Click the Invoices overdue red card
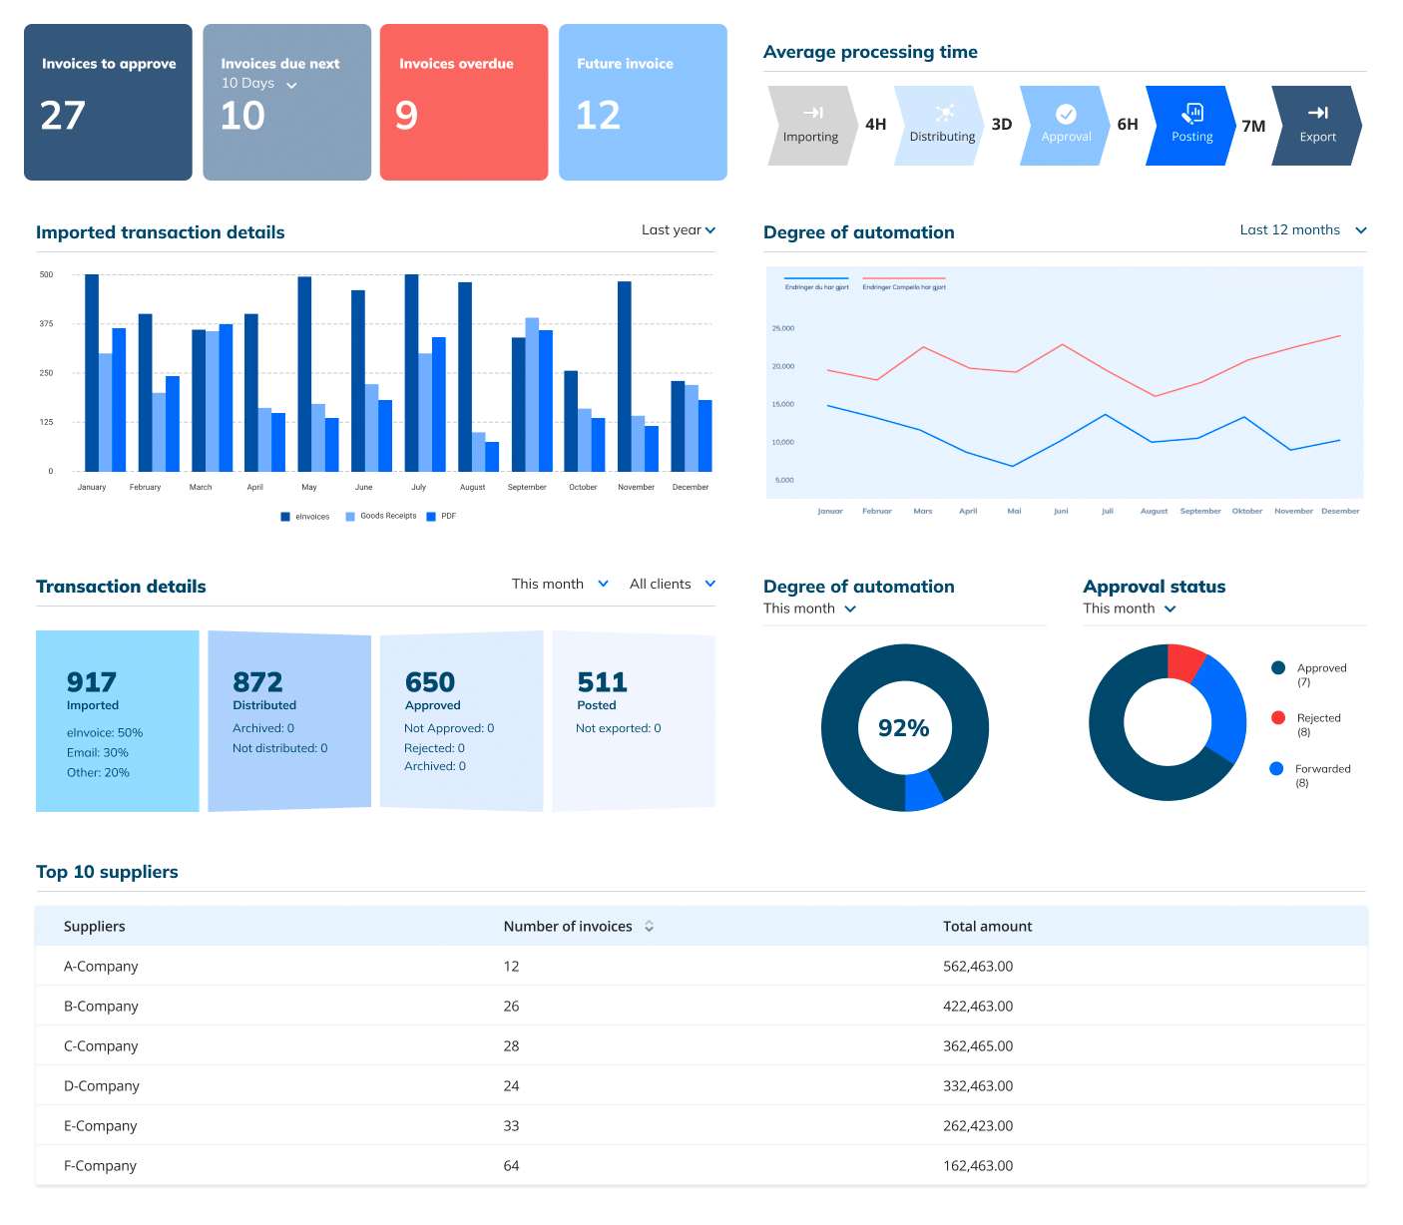(x=464, y=102)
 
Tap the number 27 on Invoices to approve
(x=63, y=116)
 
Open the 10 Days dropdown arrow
(x=291, y=86)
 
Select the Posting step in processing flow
(x=1191, y=125)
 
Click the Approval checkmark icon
(x=1066, y=114)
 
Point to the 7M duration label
(x=1253, y=126)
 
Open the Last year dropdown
(x=679, y=229)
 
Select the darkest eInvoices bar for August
(x=465, y=376)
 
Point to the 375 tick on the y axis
(x=46, y=324)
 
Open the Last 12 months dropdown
(x=1302, y=229)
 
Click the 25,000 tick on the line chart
(x=782, y=328)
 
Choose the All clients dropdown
(x=672, y=584)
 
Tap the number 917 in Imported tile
(x=92, y=682)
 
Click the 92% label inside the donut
(x=903, y=728)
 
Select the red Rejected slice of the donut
(x=1185, y=662)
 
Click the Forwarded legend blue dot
(x=1276, y=768)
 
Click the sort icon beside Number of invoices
(x=649, y=926)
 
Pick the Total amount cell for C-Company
(x=977, y=1045)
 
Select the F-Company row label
(x=100, y=1165)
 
